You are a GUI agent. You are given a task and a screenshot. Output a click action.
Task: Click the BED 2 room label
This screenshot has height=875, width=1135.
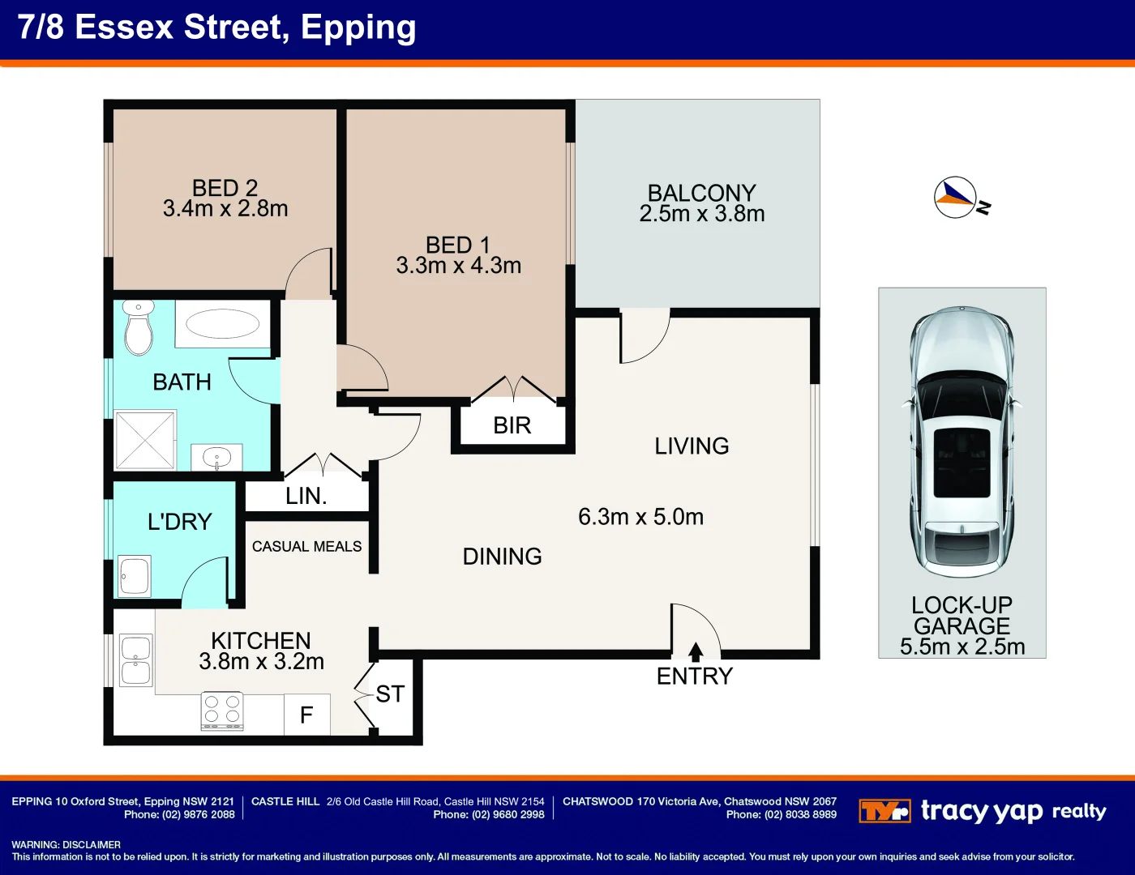(x=225, y=188)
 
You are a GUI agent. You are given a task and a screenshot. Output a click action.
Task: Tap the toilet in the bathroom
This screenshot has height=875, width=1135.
(x=139, y=328)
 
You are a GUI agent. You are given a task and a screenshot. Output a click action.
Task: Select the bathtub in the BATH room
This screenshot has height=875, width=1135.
(x=222, y=324)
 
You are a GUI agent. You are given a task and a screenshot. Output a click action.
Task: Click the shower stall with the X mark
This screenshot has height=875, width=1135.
(x=145, y=440)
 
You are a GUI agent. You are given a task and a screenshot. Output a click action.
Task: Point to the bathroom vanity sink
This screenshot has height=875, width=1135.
(x=216, y=458)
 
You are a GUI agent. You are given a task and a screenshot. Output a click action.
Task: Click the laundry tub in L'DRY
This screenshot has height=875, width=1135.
(x=135, y=575)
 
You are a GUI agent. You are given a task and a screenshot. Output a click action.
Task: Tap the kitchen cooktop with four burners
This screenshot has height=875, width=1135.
(x=222, y=711)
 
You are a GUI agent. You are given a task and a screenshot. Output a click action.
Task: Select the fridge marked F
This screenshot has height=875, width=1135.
(x=306, y=715)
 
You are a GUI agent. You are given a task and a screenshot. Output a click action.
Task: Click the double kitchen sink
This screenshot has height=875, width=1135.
(x=135, y=660)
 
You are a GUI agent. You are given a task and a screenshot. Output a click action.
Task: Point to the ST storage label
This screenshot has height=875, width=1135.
(x=390, y=694)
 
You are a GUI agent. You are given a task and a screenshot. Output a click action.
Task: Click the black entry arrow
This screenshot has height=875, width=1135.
(x=695, y=651)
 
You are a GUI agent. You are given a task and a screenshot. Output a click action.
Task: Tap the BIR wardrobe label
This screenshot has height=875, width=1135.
(x=512, y=425)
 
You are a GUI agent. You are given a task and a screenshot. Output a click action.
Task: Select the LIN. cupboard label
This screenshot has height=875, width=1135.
(x=306, y=496)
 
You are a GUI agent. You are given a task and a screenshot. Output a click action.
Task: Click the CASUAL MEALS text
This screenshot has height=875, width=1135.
(x=306, y=547)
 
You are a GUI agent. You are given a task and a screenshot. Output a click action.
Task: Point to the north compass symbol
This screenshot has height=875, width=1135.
(x=956, y=197)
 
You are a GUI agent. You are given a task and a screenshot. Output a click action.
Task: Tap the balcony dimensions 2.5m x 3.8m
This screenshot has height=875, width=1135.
(x=701, y=214)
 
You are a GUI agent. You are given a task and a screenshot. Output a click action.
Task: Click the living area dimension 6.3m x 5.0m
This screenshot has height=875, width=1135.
(x=640, y=517)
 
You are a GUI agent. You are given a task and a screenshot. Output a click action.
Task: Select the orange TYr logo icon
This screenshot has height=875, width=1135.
(x=884, y=811)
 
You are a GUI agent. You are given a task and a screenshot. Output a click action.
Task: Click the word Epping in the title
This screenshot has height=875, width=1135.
(x=358, y=28)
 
